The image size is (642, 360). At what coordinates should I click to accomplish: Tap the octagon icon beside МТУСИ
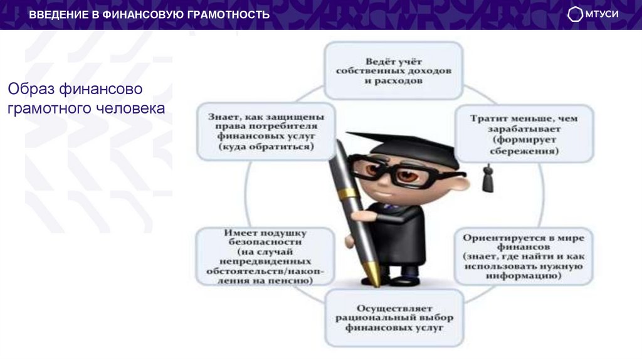(575, 14)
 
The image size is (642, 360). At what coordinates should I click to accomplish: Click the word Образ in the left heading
(30, 88)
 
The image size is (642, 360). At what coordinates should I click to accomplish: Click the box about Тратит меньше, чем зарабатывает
(524, 134)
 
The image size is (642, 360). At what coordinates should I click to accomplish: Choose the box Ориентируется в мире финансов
(524, 256)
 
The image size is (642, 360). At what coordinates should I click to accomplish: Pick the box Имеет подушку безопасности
(263, 256)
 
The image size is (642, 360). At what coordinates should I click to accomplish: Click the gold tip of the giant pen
(374, 277)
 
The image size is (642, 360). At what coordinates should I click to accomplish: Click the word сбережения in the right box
(524, 151)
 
